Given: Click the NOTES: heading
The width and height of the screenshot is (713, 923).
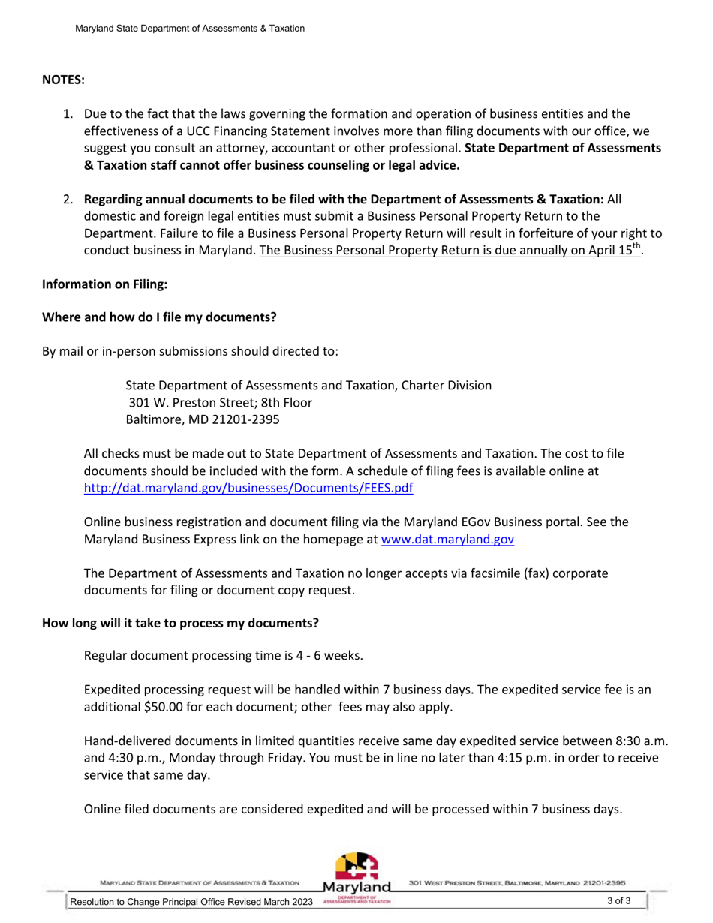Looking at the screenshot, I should point(63,79).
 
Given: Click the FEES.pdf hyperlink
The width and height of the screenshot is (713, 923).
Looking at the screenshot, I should point(248,488).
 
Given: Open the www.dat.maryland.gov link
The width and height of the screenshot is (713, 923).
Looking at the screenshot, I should point(447,538).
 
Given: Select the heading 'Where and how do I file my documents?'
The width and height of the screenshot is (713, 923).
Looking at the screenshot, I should point(159,317).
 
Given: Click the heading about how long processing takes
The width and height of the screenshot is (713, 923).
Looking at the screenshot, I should point(180,623).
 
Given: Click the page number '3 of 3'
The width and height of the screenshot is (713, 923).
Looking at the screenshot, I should point(619,901).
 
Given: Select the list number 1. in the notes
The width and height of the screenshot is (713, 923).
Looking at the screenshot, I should point(68,114).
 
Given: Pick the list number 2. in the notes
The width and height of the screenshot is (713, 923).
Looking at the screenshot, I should point(68,200).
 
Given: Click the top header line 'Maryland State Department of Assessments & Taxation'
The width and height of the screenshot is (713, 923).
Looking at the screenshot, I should point(190,29).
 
